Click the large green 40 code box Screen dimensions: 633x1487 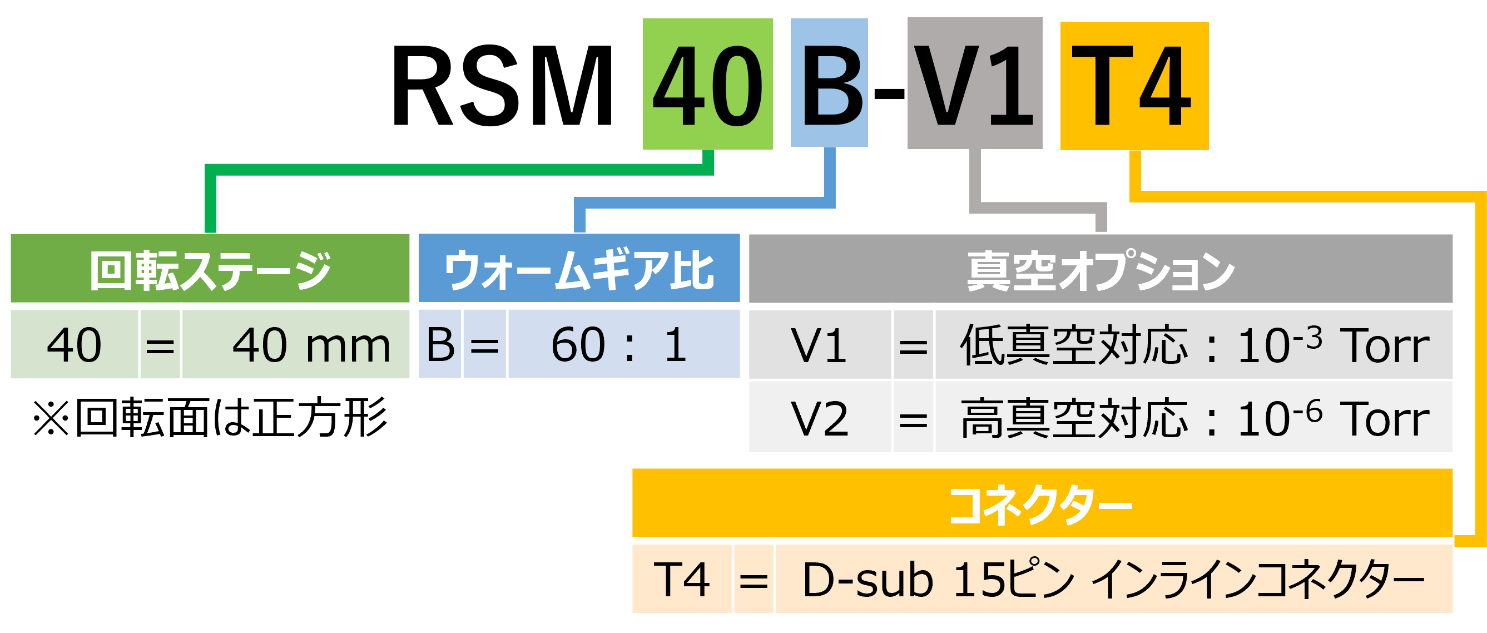coord(708,85)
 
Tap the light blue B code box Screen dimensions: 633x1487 coord(829,82)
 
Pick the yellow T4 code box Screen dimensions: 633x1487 coord(1134,86)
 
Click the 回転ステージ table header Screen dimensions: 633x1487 coord(210,269)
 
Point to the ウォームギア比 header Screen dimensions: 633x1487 coord(579,269)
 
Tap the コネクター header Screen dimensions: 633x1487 coord(1042,504)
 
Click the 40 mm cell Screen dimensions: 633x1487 coord(295,345)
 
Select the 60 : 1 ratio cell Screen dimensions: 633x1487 coord(623,345)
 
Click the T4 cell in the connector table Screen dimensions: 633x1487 coord(681,579)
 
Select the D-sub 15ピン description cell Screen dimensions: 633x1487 coord(1113,579)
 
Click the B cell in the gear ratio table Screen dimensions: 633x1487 coord(440,345)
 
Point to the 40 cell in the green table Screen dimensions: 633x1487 coord(75,345)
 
